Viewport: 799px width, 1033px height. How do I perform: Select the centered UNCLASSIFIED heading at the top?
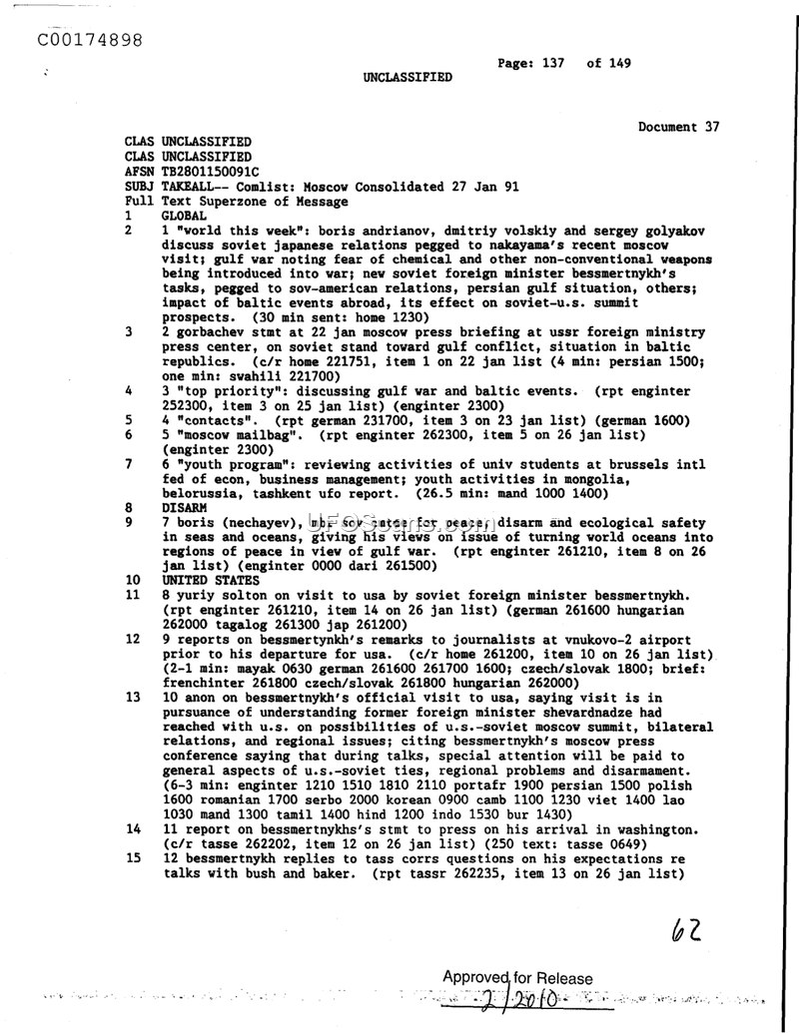(x=406, y=77)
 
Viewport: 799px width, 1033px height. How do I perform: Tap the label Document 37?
(x=678, y=127)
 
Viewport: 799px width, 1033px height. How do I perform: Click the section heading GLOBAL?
(x=185, y=216)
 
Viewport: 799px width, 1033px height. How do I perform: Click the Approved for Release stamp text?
(x=517, y=979)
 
